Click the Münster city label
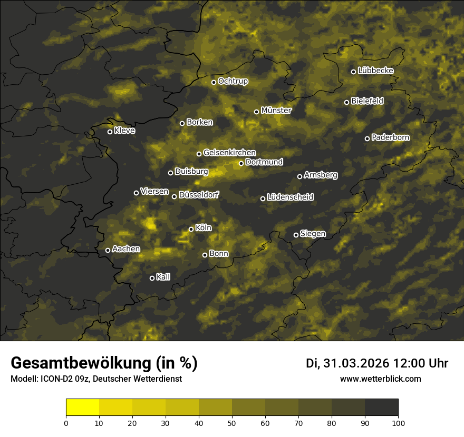click(276, 111)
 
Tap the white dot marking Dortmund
click(241, 163)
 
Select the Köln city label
click(203, 228)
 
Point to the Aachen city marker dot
click(108, 250)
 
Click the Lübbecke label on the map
click(375, 71)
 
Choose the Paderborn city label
click(390, 137)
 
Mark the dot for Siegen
click(296, 235)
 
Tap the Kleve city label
click(124, 131)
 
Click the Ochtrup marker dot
click(214, 82)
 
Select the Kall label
click(163, 277)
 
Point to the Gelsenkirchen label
click(229, 153)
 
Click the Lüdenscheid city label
click(290, 197)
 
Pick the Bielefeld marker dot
click(346, 102)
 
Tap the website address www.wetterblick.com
click(380, 379)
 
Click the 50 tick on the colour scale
click(232, 423)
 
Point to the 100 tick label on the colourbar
click(398, 423)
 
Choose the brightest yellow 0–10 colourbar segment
click(83, 408)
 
